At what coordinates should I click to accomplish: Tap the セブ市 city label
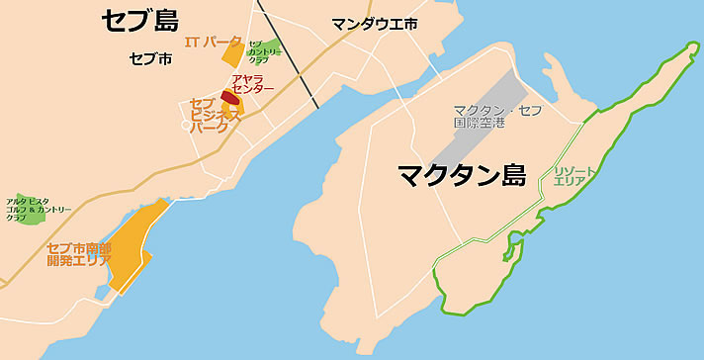(150, 59)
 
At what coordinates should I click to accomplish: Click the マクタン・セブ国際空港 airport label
(497, 116)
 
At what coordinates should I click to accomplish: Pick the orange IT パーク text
(213, 42)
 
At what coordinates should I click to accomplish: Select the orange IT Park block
(233, 54)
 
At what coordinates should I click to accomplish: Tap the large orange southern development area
(132, 247)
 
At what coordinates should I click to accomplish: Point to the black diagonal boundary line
(288, 54)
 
